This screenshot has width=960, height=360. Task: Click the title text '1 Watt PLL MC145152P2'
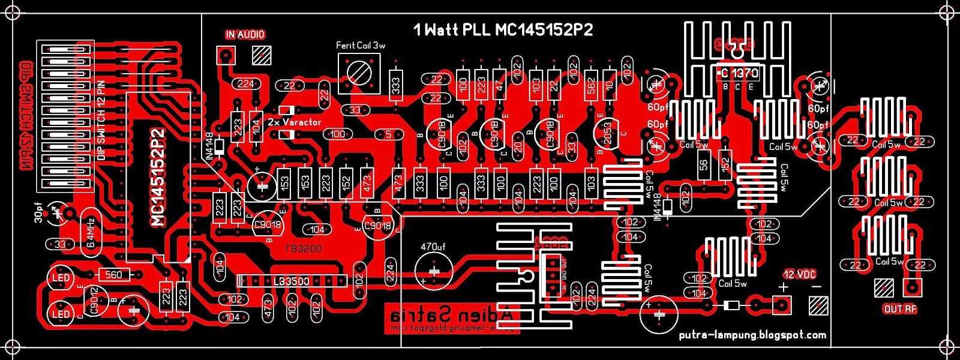[503, 30]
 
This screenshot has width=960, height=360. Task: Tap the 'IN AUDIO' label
[245, 35]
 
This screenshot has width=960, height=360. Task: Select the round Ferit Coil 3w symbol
[359, 73]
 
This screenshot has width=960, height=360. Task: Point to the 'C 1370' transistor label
[738, 73]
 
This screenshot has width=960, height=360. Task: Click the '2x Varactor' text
[294, 122]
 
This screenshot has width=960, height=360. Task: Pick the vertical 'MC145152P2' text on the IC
[158, 177]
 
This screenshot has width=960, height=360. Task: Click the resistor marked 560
[113, 275]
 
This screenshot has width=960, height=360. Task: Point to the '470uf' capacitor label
[433, 247]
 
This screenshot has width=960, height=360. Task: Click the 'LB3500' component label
[292, 281]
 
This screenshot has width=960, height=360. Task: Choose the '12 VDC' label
[799, 274]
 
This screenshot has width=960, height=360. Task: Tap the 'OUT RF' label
[900, 309]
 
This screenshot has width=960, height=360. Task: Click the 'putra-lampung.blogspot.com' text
[752, 335]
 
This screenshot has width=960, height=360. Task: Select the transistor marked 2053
[607, 134]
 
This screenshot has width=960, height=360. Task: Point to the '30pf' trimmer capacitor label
[39, 212]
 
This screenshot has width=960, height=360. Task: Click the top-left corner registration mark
[13, 13]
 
